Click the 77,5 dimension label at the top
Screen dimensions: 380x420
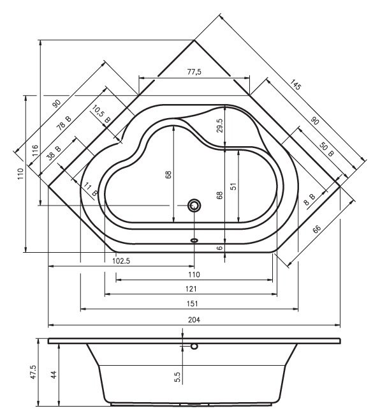[x=194, y=71]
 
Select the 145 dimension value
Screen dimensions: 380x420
[x=295, y=84]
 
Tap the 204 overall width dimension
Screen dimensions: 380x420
[x=194, y=320]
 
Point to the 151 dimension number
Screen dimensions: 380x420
[x=193, y=303]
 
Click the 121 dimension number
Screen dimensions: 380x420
[x=191, y=289]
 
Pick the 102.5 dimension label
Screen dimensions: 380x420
[x=121, y=261]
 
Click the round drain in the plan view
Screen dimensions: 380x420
[x=194, y=206]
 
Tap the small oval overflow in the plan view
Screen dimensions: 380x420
[x=194, y=240]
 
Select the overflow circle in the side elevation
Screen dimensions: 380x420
[x=194, y=347]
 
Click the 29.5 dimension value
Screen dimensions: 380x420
[x=220, y=126]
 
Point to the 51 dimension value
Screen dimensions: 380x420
[x=233, y=186]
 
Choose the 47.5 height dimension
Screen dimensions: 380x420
[x=33, y=371]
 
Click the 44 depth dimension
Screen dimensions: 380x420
[x=54, y=375]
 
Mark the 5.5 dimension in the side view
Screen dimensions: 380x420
[x=177, y=377]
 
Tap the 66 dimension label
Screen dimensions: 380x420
[x=317, y=229]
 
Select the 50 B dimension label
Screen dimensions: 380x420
[x=326, y=150]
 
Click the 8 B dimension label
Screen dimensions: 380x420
[x=310, y=199]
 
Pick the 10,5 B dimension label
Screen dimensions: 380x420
[x=101, y=114]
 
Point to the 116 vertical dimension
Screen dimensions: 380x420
[x=35, y=151]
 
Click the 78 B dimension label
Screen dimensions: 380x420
[x=64, y=123]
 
